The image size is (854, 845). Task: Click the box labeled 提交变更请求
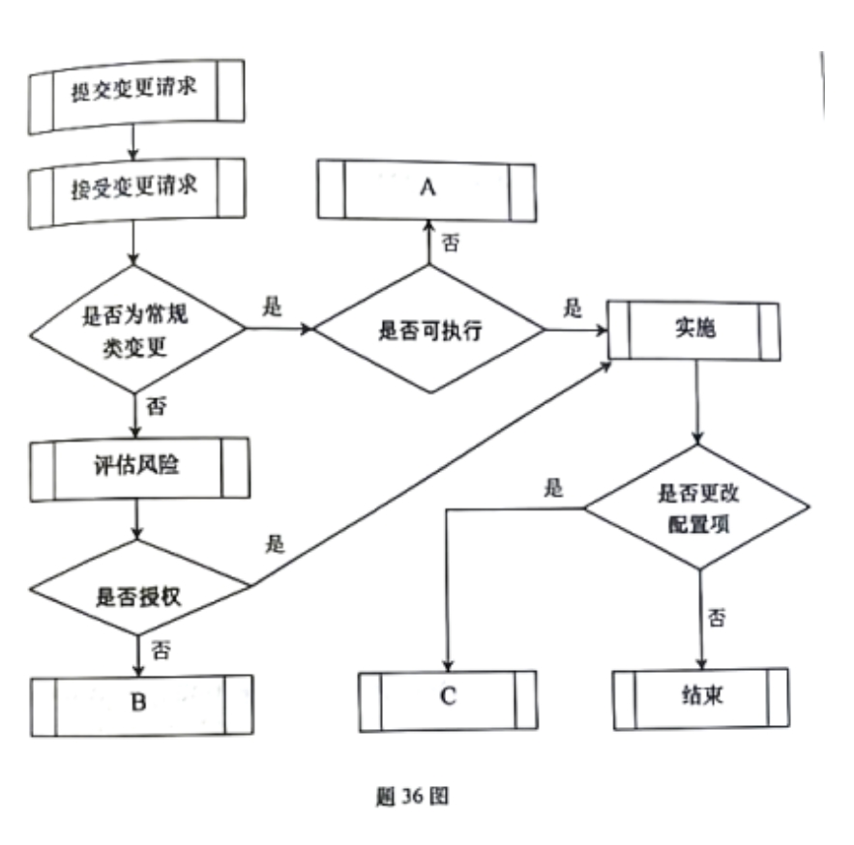click(x=134, y=94)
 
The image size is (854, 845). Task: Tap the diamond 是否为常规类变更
click(x=134, y=330)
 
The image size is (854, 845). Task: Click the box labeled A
click(x=427, y=189)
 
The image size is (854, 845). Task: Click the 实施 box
click(x=693, y=328)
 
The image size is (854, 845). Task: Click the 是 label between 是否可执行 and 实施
click(x=574, y=308)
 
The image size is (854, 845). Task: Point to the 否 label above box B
click(x=161, y=648)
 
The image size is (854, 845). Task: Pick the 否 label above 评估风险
click(x=156, y=406)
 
